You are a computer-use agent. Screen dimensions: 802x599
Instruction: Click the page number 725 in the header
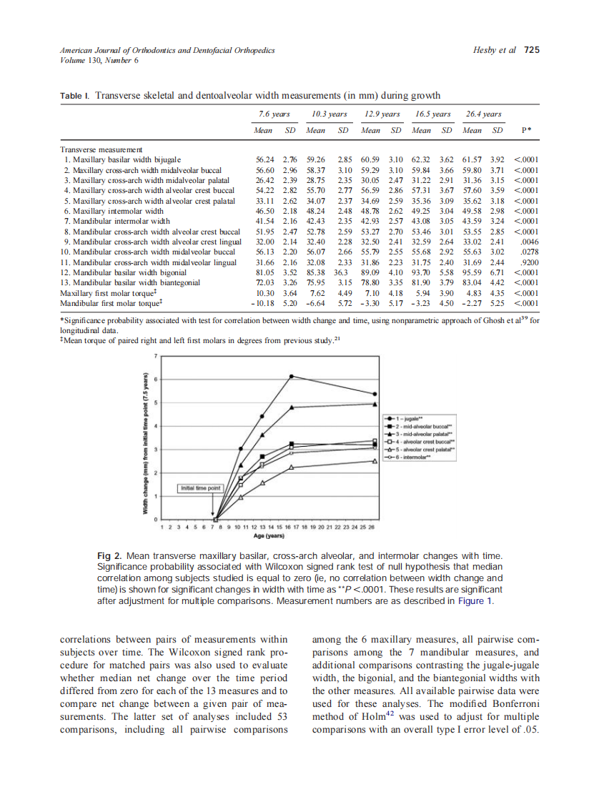pyautogui.click(x=531, y=50)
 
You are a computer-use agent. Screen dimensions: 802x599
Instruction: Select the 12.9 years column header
pyautogui.click(x=381, y=114)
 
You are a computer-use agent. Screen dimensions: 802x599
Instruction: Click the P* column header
pyautogui.click(x=525, y=131)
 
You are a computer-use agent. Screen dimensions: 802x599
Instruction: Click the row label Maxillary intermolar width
pyautogui.click(x=114, y=212)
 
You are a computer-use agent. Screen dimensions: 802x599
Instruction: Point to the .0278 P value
pyautogui.click(x=528, y=252)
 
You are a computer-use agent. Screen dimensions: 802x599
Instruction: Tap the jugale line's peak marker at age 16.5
pyautogui.click(x=292, y=376)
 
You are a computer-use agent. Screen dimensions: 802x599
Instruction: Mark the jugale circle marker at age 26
pyautogui.click(x=375, y=394)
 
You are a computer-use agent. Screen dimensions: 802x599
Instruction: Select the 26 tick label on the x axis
pyautogui.click(x=372, y=527)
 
